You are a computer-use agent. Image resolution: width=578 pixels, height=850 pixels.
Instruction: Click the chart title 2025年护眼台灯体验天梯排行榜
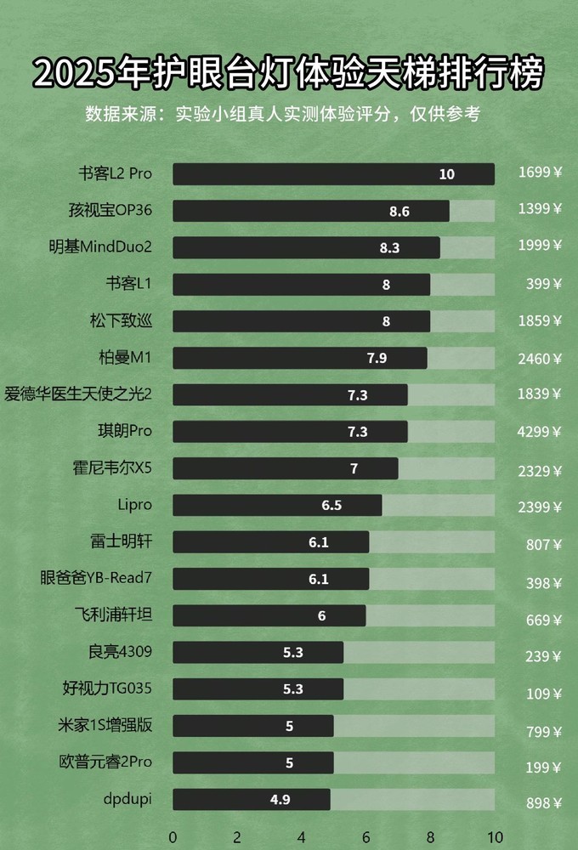(x=288, y=74)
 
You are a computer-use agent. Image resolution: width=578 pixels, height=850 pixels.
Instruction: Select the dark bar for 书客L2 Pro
(x=333, y=174)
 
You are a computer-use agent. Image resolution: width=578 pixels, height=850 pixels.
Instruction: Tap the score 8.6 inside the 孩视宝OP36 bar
(x=399, y=212)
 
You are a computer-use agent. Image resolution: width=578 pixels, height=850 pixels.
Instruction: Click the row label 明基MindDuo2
(x=100, y=247)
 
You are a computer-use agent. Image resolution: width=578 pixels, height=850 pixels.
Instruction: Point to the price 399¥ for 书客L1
(x=543, y=285)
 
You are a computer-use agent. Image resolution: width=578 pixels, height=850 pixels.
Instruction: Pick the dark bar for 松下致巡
(x=301, y=321)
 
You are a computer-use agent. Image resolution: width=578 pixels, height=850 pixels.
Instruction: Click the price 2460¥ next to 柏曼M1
(x=540, y=359)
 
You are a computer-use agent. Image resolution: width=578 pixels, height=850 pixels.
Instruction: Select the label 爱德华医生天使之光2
(x=78, y=394)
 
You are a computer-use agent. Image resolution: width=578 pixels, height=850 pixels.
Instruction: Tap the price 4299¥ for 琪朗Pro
(x=540, y=432)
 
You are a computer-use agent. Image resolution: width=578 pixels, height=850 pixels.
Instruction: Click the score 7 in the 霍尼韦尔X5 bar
(x=354, y=468)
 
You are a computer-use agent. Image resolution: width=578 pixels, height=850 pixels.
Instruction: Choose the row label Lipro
(x=134, y=505)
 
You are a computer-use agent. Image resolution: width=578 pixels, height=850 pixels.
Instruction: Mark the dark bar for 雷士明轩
(x=270, y=542)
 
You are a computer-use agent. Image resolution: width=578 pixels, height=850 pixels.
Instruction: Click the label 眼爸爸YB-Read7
(x=96, y=579)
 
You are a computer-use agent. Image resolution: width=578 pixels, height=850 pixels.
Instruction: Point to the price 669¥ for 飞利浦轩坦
(x=543, y=620)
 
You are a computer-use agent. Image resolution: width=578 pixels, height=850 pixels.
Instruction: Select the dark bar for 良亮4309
(x=258, y=653)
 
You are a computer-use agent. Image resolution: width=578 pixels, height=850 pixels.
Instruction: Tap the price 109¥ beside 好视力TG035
(x=543, y=694)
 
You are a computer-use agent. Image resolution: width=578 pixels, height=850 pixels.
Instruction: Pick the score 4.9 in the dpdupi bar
(x=280, y=800)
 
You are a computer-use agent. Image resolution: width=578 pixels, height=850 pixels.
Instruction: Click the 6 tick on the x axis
(x=366, y=836)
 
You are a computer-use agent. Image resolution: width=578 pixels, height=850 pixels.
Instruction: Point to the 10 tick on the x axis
(x=495, y=836)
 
